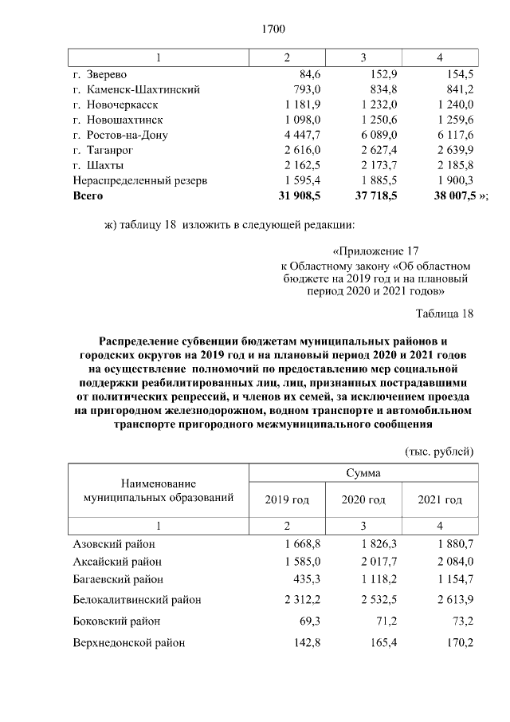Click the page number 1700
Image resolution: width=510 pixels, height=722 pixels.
[273, 30]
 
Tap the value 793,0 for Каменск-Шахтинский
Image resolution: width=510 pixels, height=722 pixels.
[307, 89]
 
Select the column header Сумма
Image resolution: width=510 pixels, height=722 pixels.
[363, 473]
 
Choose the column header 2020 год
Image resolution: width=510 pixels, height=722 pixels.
[363, 499]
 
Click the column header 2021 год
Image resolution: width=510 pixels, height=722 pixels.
[440, 499]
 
